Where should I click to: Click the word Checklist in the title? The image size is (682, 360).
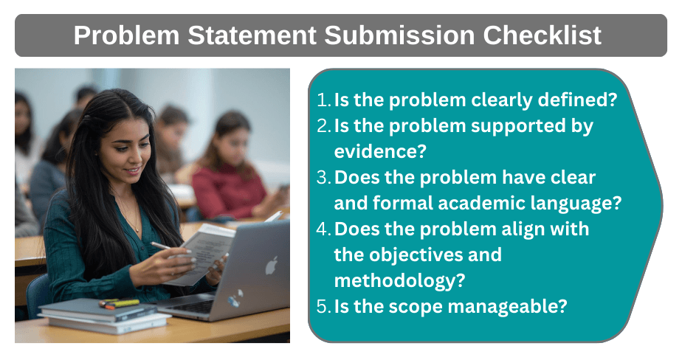tap(542, 35)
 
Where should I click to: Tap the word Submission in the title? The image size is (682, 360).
tap(399, 35)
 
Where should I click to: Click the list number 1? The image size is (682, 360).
tap(323, 100)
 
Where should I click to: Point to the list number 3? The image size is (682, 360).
tap(323, 177)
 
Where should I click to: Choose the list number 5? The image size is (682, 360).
tap(323, 306)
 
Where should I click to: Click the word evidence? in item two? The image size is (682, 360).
tap(380, 151)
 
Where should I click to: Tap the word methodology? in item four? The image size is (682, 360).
tap(400, 280)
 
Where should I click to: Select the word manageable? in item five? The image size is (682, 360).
tap(508, 307)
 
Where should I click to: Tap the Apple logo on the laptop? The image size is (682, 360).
tap(272, 266)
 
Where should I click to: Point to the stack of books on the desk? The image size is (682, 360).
tap(103, 316)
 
